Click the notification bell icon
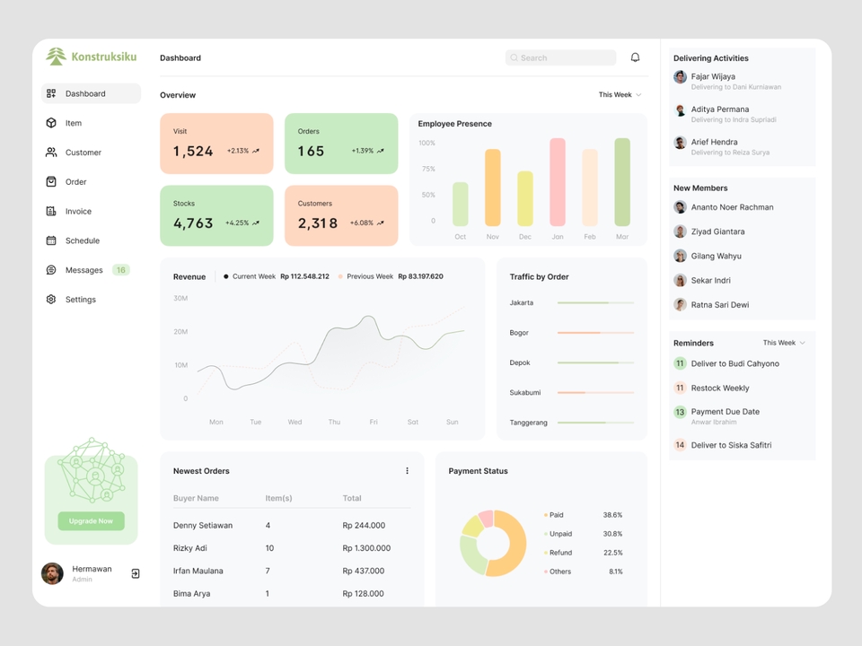pyautogui.click(x=635, y=57)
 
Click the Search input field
pyautogui.click(x=560, y=57)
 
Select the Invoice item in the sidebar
pyautogui.click(x=78, y=212)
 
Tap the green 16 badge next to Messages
pyautogui.click(x=121, y=270)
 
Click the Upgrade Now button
pyautogui.click(x=91, y=521)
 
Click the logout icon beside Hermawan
pyautogui.click(x=136, y=573)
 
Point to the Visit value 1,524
pyautogui.click(x=193, y=152)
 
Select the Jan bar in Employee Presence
pyautogui.click(x=557, y=182)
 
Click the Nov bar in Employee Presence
pyautogui.click(x=492, y=188)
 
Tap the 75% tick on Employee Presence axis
pyautogui.click(x=427, y=169)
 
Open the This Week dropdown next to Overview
pyautogui.click(x=620, y=95)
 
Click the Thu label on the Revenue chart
pyautogui.click(x=334, y=422)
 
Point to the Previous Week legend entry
pyautogui.click(x=369, y=276)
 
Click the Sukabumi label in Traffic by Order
pyautogui.click(x=525, y=393)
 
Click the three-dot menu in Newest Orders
pyautogui.click(x=407, y=471)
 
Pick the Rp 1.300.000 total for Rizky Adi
pyautogui.click(x=365, y=548)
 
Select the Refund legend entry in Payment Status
pyautogui.click(x=560, y=553)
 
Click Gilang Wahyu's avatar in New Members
pyautogui.click(x=681, y=256)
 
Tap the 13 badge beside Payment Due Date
pyautogui.click(x=680, y=412)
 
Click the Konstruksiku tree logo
pyautogui.click(x=57, y=57)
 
